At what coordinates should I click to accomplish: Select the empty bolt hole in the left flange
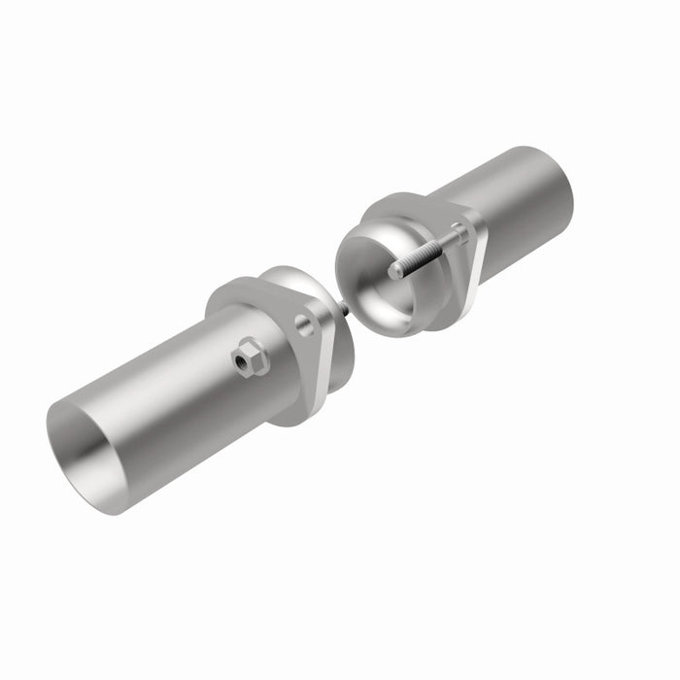pyautogui.click(x=305, y=324)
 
